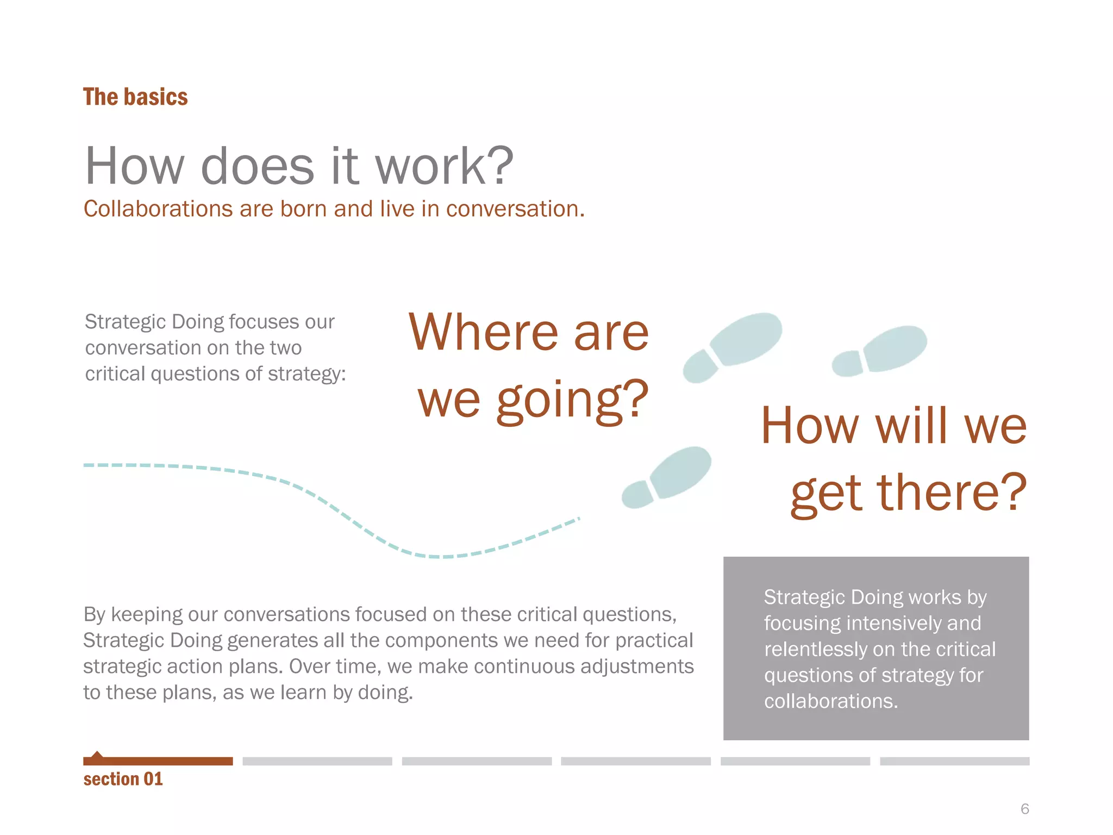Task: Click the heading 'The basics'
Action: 135,97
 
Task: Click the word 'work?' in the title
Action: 444,166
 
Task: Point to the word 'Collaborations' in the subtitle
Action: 158,209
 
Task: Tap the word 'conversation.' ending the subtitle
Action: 515,209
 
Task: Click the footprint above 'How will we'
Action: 880,351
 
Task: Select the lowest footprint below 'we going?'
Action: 667,476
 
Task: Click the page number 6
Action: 1024,809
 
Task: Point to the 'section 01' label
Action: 123,779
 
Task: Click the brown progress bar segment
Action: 158,761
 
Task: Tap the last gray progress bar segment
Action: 954,761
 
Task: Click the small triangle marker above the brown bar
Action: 97,755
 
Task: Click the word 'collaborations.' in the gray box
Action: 830,701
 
